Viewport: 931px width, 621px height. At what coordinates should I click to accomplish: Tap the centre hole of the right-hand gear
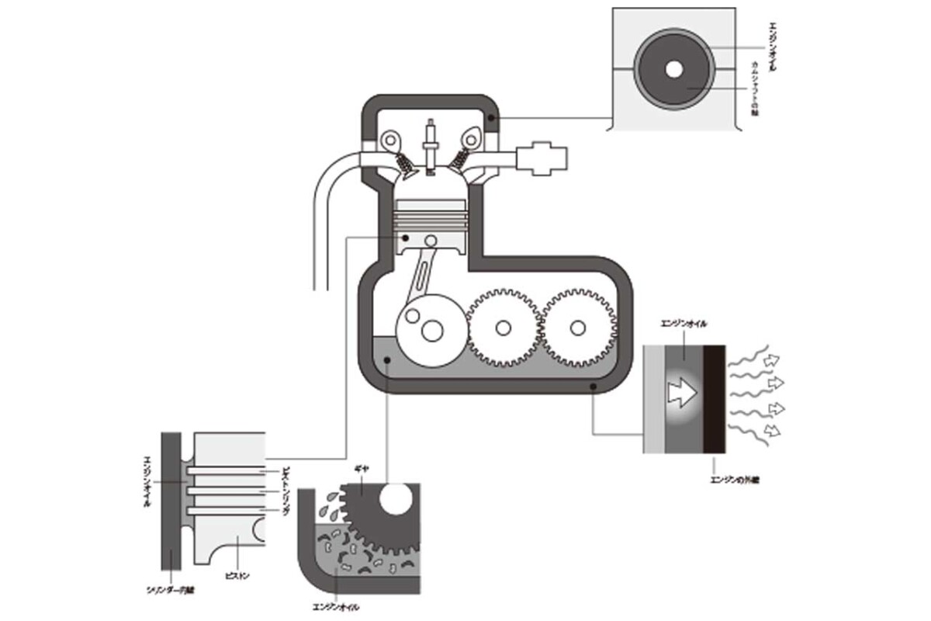coord(576,327)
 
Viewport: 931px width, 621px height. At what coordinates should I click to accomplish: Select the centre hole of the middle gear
coord(503,328)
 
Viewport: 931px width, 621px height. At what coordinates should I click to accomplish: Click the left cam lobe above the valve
coord(389,140)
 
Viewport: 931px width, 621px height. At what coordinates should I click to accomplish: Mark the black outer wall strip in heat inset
coord(715,399)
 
